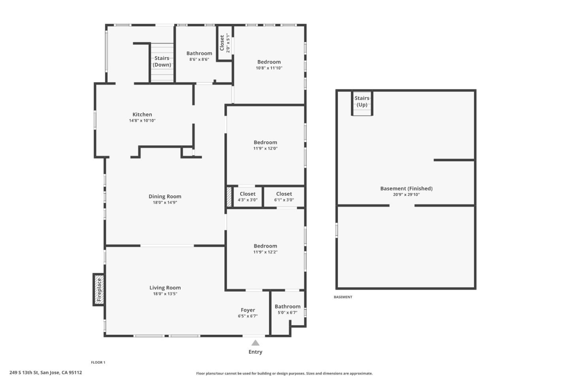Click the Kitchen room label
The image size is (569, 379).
point(142,114)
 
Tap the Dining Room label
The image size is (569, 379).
point(165,196)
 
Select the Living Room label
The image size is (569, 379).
point(165,288)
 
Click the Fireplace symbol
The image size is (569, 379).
point(99,290)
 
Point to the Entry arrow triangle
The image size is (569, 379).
point(255,343)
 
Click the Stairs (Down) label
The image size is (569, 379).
point(162,62)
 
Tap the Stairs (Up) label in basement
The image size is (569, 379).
point(362,101)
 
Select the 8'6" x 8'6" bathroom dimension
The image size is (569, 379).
point(199,60)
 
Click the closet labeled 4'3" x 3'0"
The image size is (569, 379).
point(247,197)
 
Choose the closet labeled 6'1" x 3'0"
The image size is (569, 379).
point(284,197)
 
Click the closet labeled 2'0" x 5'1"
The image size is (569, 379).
point(224,43)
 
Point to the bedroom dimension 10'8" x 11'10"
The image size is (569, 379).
point(269,68)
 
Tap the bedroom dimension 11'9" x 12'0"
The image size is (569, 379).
point(265,148)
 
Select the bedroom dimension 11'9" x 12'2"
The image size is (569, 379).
point(265,252)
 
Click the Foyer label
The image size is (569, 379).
point(248,310)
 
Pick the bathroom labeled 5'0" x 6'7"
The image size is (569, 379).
point(287,309)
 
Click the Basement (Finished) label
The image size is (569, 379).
point(406,188)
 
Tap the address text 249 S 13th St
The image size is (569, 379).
point(45,372)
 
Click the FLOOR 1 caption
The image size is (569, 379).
point(98,362)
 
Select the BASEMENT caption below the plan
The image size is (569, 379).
point(343,297)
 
